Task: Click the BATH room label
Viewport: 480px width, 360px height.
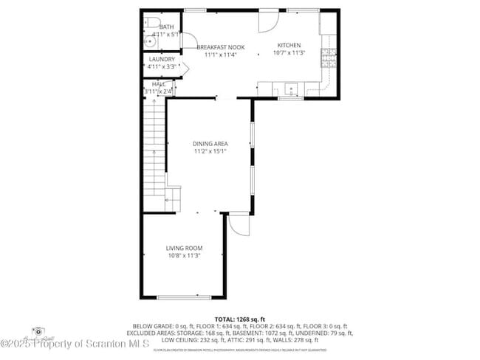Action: [x=157, y=27]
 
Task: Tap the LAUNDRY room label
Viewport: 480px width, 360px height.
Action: [x=161, y=59]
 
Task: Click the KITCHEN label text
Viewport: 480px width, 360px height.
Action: [x=288, y=45]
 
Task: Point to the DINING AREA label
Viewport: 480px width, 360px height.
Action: [x=210, y=144]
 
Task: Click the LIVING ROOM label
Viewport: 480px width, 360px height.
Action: [x=184, y=248]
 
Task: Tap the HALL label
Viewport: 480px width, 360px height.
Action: [x=159, y=85]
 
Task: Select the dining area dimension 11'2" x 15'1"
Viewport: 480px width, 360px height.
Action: [x=210, y=151]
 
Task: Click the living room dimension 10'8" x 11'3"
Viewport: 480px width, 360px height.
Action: [x=184, y=255]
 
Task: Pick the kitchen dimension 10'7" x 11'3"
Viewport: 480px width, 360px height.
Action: [x=288, y=52]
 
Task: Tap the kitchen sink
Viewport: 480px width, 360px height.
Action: [x=292, y=89]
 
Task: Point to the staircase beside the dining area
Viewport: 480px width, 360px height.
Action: [x=153, y=148]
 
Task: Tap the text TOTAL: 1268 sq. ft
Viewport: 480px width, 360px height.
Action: [x=240, y=319]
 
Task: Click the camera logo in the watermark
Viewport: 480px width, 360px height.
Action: [x=36, y=331]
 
